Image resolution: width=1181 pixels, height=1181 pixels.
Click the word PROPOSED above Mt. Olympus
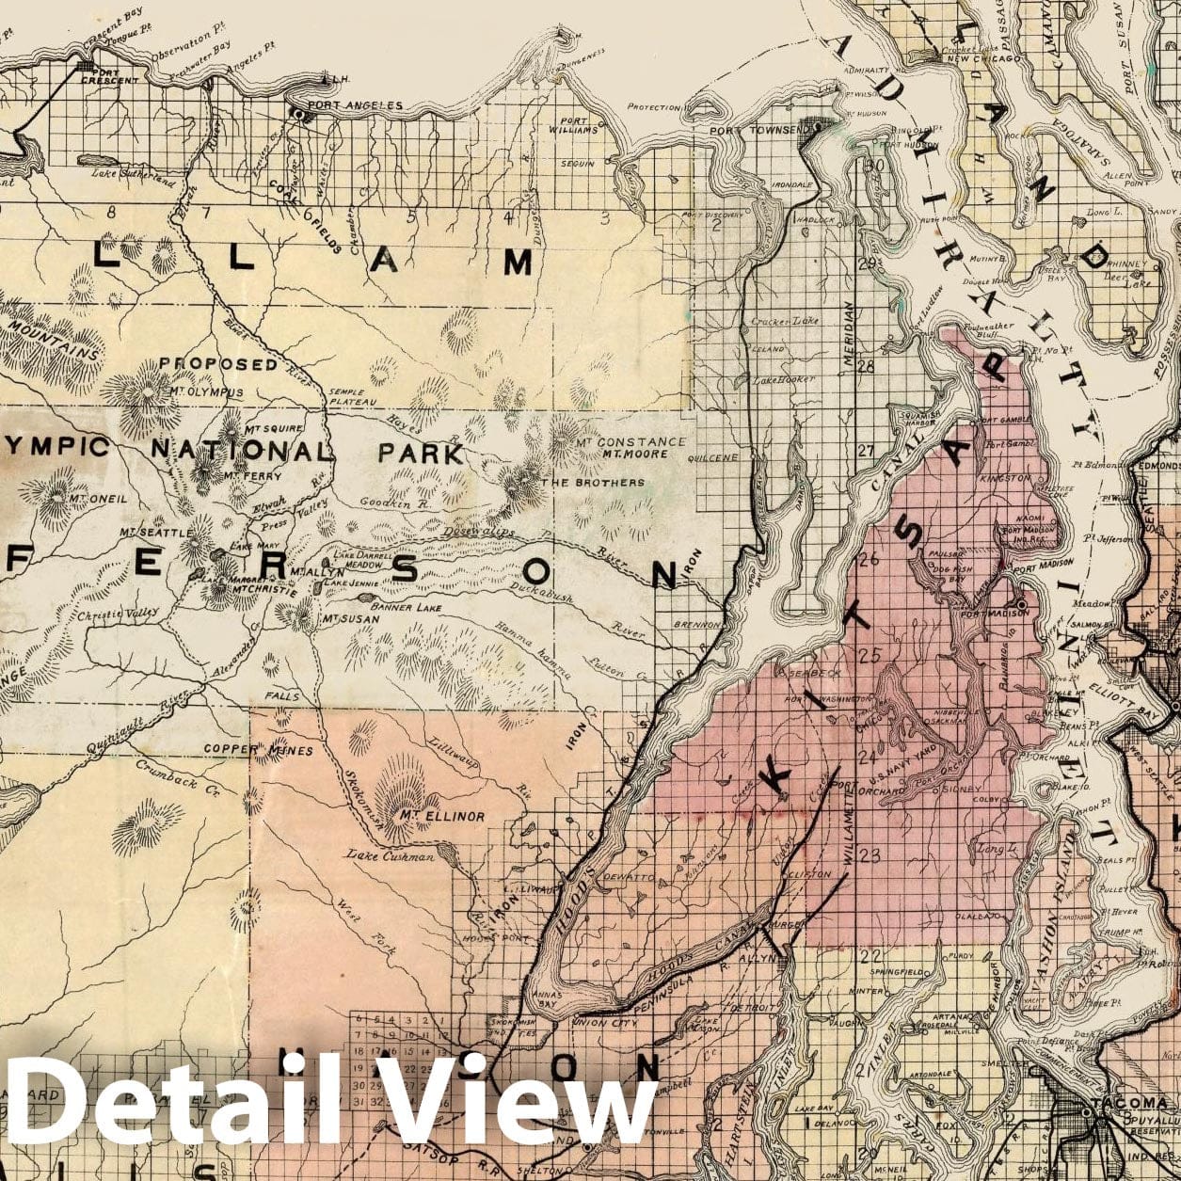[x=218, y=363]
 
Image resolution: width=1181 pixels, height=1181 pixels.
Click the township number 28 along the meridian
[x=865, y=365]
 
